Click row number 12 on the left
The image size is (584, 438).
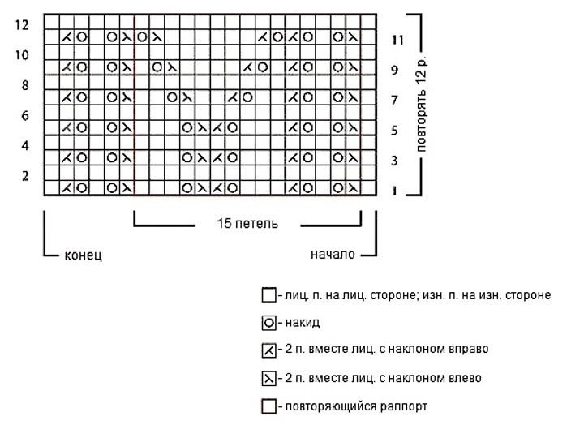tap(22, 25)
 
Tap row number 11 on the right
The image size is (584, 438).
tap(397, 40)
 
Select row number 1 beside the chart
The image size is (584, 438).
tap(394, 191)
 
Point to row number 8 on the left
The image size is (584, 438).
tap(25, 85)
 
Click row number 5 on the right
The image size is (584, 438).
tap(394, 131)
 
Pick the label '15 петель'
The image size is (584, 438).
tap(247, 224)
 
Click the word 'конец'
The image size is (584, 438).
tap(83, 255)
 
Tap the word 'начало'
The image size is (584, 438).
tap(333, 255)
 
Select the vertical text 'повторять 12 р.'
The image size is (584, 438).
tap(421, 105)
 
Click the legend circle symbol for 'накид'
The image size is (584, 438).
tap(268, 323)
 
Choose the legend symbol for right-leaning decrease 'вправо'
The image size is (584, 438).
tap(268, 350)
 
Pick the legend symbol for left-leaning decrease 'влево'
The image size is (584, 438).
tap(268, 379)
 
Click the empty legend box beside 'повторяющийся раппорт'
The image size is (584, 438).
tap(268, 406)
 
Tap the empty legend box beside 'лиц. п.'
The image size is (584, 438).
tap(268, 295)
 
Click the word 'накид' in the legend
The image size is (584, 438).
tap(303, 323)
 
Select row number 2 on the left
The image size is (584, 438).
tap(25, 176)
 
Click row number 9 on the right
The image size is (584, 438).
tap(394, 70)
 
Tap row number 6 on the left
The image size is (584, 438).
tap(25, 115)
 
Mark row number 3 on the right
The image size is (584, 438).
tap(394, 161)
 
